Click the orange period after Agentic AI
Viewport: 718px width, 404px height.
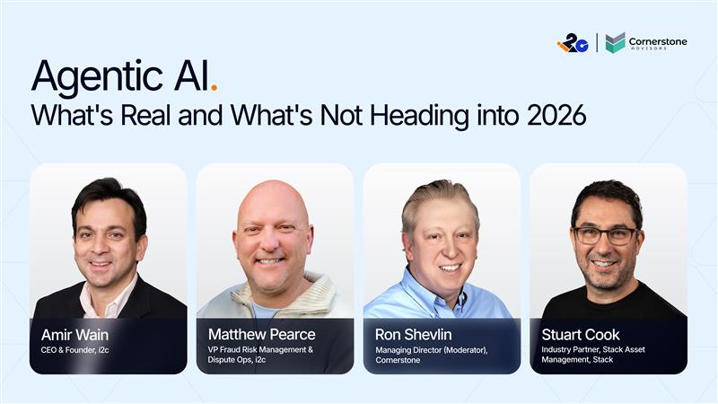click(214, 91)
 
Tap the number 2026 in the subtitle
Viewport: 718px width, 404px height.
click(557, 118)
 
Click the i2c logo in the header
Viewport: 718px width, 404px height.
click(572, 42)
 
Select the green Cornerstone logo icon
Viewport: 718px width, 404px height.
click(615, 42)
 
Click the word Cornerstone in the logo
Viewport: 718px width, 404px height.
click(659, 40)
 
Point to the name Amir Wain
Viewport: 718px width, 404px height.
click(75, 335)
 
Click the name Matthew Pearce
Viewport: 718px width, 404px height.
click(261, 335)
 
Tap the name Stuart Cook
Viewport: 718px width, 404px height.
click(581, 335)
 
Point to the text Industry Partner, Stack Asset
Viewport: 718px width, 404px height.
click(593, 349)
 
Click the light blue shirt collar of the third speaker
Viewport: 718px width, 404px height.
click(421, 298)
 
